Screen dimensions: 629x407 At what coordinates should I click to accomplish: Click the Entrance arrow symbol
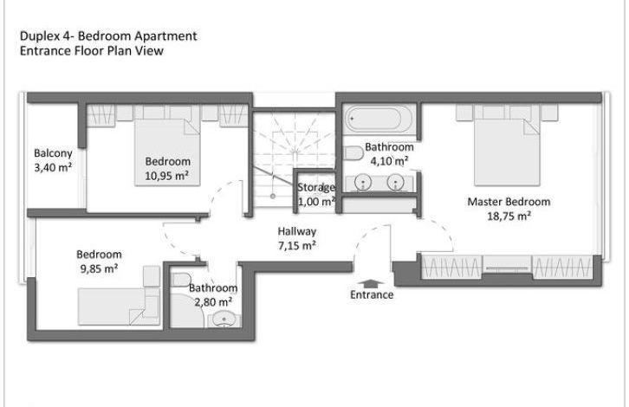(372, 283)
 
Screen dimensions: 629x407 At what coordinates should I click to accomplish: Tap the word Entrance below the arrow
(372, 294)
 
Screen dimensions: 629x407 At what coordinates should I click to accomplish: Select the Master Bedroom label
(509, 202)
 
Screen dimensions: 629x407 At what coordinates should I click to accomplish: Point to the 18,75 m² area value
(509, 216)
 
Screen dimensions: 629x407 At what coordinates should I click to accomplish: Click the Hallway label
(297, 231)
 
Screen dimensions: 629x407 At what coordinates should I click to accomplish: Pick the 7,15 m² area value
(297, 245)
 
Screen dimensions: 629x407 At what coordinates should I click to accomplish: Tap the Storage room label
(316, 187)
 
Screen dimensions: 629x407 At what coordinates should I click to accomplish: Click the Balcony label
(53, 153)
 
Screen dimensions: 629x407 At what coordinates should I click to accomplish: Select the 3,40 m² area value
(53, 167)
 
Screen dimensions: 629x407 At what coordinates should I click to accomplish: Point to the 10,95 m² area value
(167, 176)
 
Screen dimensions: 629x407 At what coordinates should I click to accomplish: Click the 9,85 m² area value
(99, 268)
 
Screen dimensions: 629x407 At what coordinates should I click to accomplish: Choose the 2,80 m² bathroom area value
(213, 302)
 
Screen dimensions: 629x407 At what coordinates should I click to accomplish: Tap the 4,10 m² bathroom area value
(389, 161)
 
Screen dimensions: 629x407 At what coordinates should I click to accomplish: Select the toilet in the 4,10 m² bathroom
(353, 153)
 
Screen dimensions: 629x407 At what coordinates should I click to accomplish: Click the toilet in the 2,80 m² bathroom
(180, 279)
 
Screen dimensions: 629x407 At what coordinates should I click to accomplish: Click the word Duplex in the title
(39, 36)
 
